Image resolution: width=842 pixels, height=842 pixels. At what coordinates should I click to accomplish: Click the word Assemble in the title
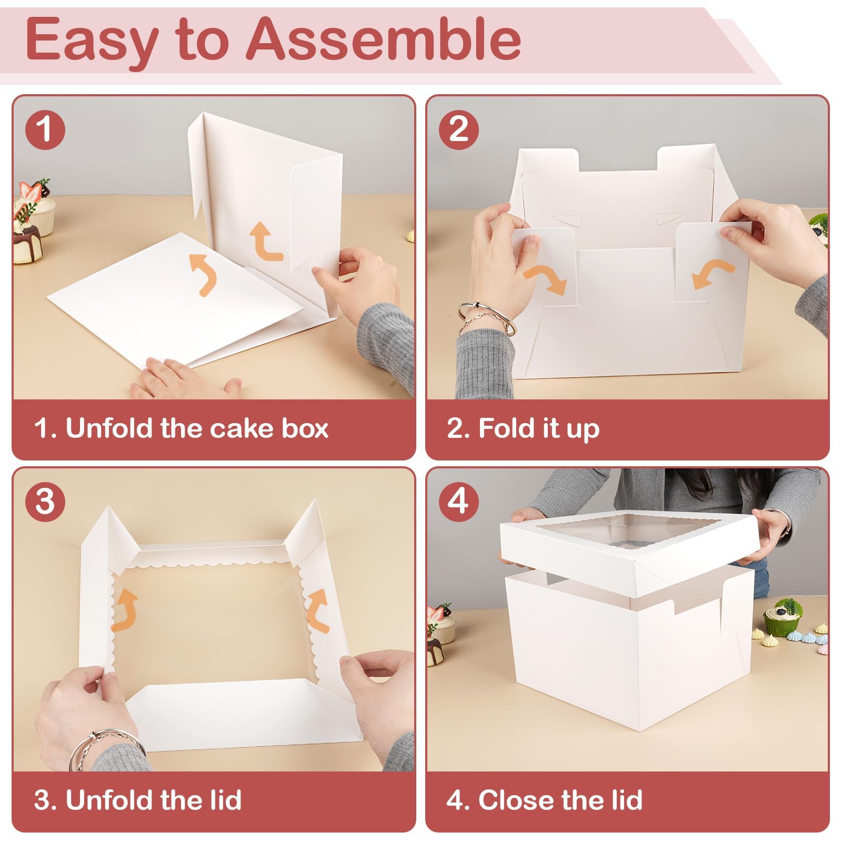tap(384, 39)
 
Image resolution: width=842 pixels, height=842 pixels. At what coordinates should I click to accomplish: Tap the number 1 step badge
tap(45, 129)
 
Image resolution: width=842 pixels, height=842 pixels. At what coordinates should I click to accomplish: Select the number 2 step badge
tap(459, 129)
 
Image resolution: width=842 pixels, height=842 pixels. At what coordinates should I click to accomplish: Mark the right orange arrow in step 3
tap(318, 610)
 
